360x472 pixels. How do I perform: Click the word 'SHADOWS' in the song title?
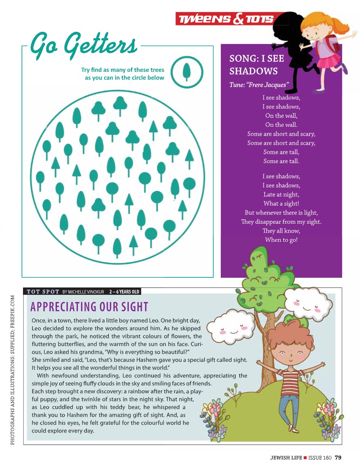(x=253, y=71)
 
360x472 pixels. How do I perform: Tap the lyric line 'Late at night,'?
(x=281, y=195)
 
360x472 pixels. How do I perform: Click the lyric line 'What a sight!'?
(x=281, y=203)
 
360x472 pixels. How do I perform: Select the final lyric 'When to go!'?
(x=281, y=240)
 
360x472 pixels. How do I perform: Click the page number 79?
(x=338, y=457)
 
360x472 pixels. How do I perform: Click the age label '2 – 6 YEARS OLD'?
(x=124, y=292)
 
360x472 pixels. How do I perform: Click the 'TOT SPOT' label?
(x=43, y=292)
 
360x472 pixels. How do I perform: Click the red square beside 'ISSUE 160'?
(x=306, y=458)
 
